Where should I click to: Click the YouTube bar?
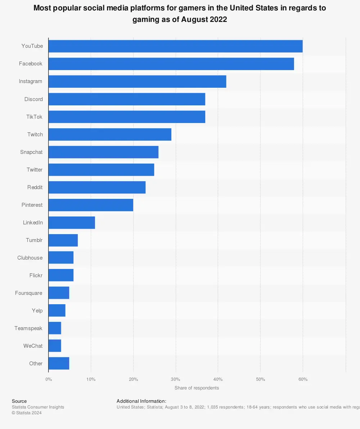175,46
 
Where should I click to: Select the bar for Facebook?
171,64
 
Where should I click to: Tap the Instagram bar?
137,81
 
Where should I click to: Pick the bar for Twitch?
110,134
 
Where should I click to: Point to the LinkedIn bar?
72,223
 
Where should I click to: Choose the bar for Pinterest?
91,205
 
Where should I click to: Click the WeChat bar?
55,346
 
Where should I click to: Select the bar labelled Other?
59,364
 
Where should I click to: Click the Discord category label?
33,99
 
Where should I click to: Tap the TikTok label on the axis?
34,117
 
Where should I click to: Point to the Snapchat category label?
31,152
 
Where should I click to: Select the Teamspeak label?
28,328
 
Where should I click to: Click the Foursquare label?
28,293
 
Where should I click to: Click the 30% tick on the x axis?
175,379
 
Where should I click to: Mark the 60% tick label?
302,379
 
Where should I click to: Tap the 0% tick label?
49,379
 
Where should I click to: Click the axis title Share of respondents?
197,388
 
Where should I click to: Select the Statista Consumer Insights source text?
38,407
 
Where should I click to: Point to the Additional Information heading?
141,401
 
